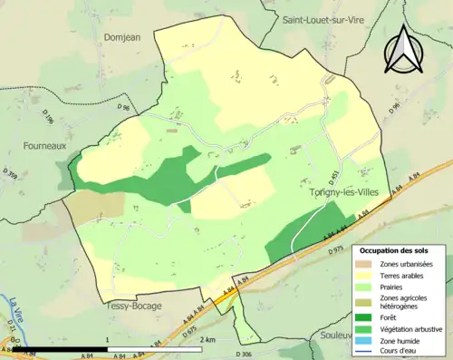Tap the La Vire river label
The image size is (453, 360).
pos(15,308)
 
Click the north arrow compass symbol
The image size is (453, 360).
pos(403,48)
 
